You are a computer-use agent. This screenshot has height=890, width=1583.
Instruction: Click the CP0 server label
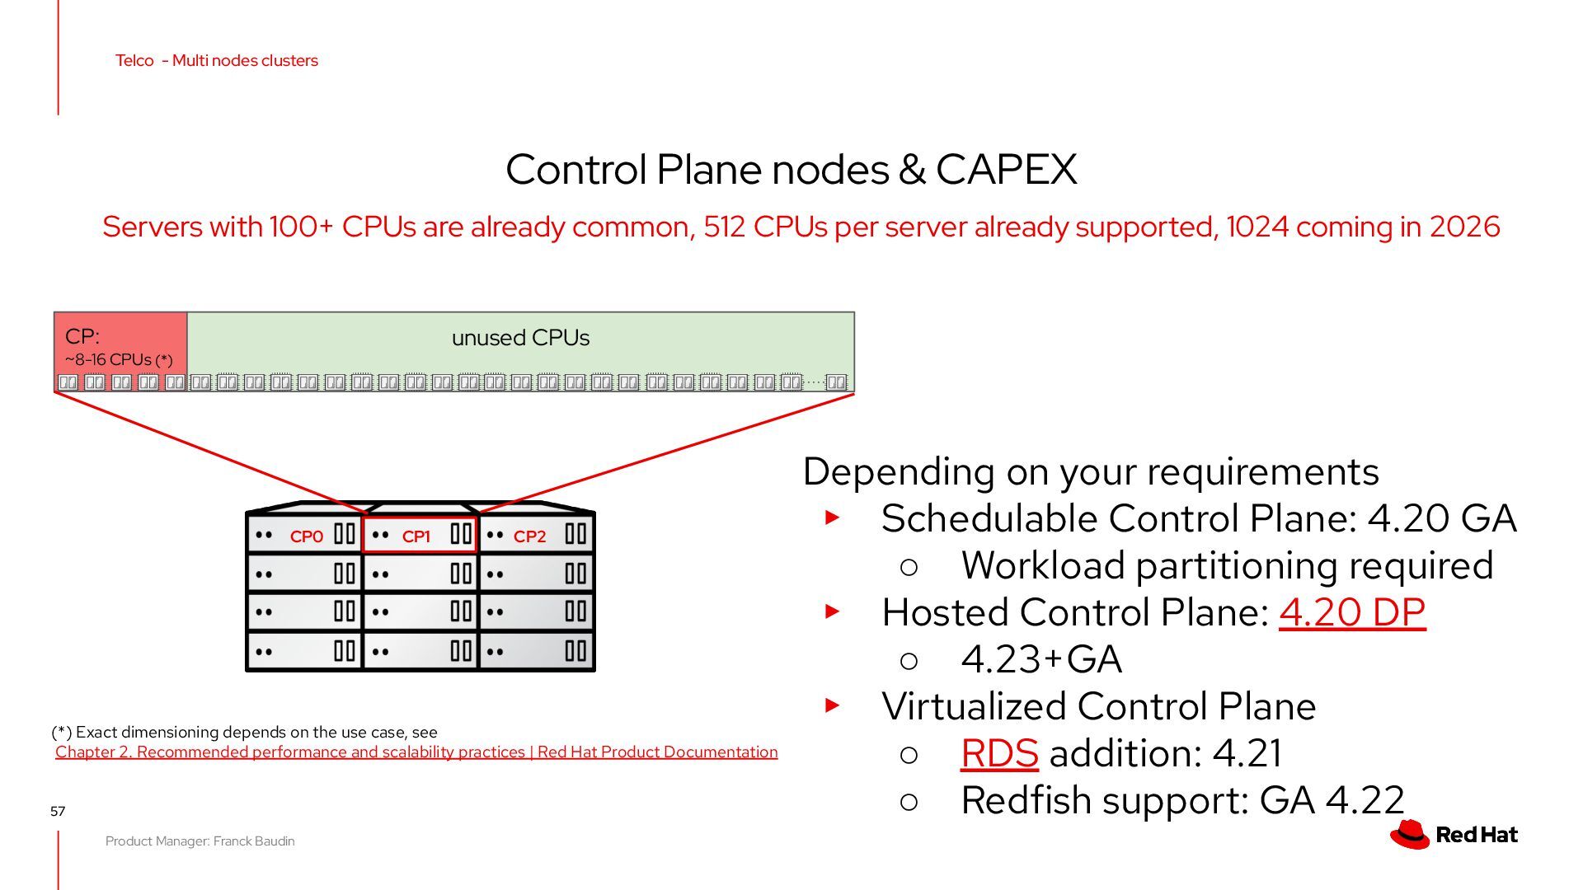(x=307, y=536)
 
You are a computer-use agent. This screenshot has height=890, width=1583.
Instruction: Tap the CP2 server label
(x=529, y=536)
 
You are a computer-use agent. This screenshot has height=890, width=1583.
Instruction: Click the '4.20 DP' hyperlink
(x=1352, y=612)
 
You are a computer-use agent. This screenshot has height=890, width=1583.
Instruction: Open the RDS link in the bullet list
(x=999, y=753)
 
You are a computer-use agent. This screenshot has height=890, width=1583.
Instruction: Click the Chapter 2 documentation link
(x=416, y=752)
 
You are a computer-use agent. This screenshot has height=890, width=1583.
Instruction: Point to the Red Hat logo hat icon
(x=1410, y=834)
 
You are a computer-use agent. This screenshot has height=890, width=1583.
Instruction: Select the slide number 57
(x=58, y=812)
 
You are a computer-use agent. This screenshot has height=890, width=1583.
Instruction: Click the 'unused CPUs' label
(x=520, y=338)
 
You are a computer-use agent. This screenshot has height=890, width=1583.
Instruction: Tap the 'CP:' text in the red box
(x=82, y=336)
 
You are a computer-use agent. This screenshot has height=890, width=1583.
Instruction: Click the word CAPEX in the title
(x=1006, y=170)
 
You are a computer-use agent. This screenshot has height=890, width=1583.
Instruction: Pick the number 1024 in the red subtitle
(x=1257, y=227)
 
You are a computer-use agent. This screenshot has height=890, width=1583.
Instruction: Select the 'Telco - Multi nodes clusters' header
(x=217, y=60)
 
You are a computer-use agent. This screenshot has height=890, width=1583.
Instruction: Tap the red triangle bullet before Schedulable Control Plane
(x=833, y=518)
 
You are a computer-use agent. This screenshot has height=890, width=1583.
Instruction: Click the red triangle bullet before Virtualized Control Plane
(x=833, y=705)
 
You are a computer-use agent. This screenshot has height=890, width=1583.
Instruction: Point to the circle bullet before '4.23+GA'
(x=909, y=661)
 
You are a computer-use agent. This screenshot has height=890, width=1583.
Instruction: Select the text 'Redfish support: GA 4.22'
(x=1182, y=800)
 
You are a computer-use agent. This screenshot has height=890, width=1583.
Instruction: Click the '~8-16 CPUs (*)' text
(x=119, y=360)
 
